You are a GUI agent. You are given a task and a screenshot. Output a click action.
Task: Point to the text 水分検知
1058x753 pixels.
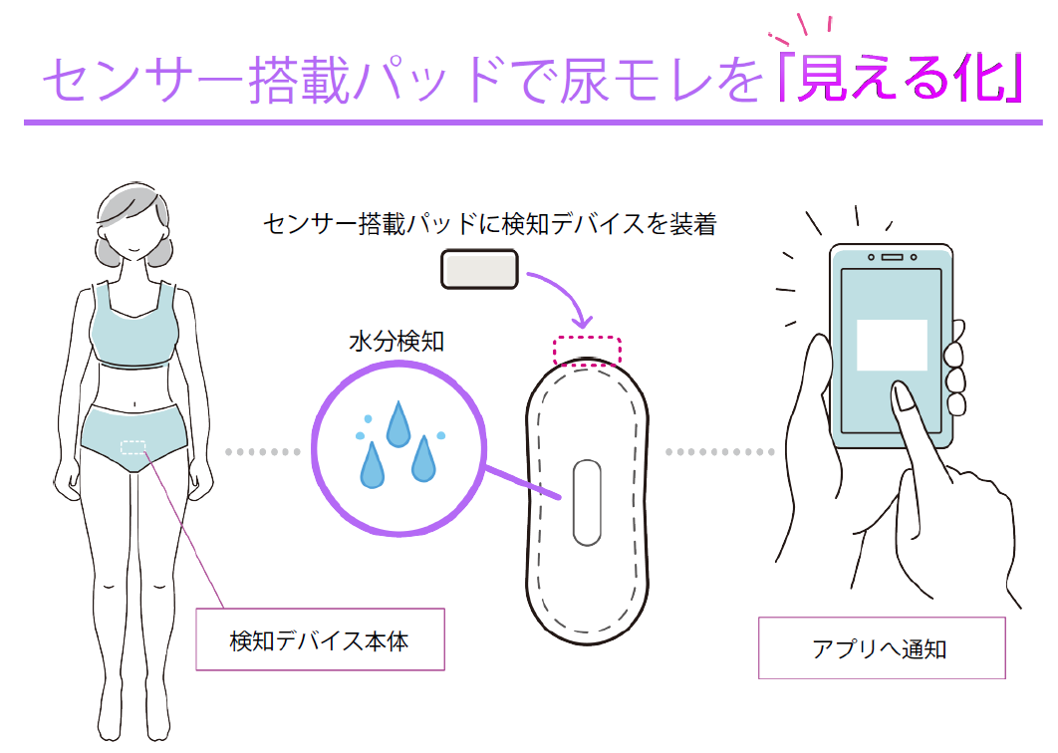396,342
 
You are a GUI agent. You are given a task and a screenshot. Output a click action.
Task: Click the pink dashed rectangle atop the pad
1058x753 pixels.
587,351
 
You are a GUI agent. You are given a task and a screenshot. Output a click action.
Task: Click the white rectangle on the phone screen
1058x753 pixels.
892,345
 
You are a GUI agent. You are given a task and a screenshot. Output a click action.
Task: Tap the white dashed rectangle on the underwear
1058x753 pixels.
132,448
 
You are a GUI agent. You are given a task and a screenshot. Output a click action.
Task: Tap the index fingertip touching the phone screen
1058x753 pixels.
904,398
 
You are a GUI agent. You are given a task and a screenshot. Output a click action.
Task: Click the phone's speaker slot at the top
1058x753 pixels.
890,257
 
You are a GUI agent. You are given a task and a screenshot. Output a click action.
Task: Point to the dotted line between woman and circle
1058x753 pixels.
263,452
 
